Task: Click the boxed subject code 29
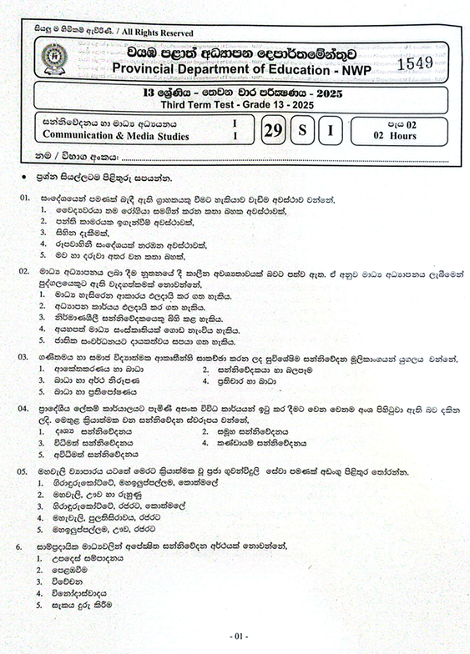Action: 272,130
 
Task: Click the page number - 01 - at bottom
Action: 239,636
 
